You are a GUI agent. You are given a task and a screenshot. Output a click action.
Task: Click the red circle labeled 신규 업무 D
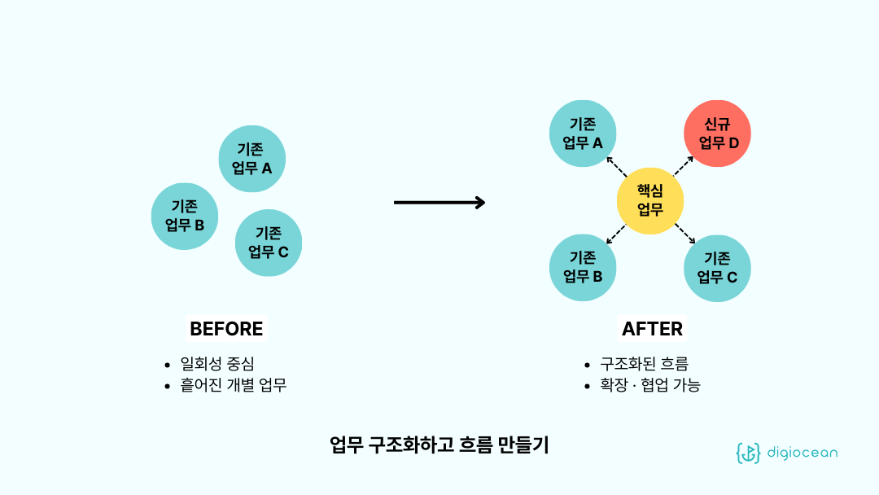point(717,134)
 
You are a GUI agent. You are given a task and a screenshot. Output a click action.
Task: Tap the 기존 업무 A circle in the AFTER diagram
point(583,134)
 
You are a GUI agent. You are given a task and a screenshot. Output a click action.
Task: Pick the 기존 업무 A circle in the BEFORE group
point(252,159)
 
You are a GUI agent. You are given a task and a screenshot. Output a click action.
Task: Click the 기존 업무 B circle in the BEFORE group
point(185,216)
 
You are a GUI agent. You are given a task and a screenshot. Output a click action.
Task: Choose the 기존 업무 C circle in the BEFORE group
point(269,243)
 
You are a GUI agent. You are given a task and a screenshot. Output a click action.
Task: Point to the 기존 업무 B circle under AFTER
point(583,268)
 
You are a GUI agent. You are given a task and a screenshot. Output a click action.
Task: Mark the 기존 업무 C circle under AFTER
point(717,268)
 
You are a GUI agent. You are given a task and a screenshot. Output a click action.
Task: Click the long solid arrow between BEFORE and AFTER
point(439,202)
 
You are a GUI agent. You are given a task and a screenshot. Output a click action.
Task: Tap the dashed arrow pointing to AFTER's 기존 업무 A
point(617,166)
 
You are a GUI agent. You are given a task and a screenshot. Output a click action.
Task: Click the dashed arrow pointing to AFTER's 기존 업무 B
point(616,234)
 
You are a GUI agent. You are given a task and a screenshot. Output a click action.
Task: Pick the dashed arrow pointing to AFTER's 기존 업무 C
point(684,234)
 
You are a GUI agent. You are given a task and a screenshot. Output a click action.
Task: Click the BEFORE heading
point(226,329)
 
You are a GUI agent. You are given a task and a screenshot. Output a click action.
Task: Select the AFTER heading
point(652,329)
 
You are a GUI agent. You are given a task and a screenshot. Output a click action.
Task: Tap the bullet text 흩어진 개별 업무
point(233,385)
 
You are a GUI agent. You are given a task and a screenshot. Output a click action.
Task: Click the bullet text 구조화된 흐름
point(644,364)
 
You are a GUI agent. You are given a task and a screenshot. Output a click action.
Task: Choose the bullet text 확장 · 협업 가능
point(649,385)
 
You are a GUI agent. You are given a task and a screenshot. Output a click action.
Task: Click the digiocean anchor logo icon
point(748,453)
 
